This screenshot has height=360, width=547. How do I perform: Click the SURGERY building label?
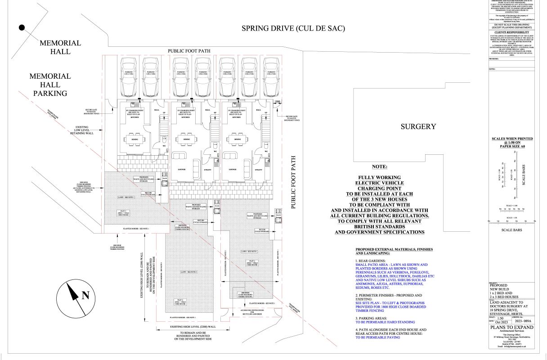point(418,126)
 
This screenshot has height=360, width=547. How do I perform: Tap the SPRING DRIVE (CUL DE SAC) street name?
point(293,28)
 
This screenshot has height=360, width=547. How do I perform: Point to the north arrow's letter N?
point(85,296)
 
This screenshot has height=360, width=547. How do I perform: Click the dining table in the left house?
point(135,139)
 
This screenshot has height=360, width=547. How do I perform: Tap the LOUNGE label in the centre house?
point(232,170)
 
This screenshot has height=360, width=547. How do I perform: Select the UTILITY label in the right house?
point(258,170)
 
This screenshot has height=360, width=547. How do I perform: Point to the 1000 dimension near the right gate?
point(278,102)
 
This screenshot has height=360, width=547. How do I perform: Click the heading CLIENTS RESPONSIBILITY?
point(511,33)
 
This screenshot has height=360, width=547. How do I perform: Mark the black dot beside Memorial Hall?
point(22,27)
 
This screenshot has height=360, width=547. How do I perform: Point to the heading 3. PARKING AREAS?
point(371,317)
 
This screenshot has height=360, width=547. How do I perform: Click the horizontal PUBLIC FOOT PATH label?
point(189,51)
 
